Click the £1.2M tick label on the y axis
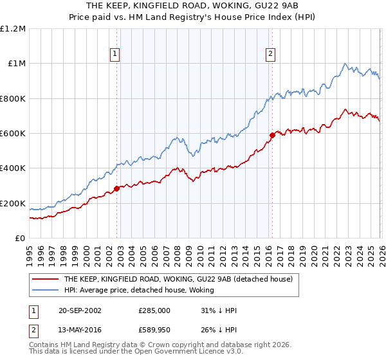point(13,29)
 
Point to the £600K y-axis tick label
point(13,134)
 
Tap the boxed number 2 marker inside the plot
point(270,55)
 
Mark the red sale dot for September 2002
point(117,188)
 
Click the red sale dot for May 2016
point(272,135)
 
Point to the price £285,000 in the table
point(155,310)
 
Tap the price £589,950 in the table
point(155,328)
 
